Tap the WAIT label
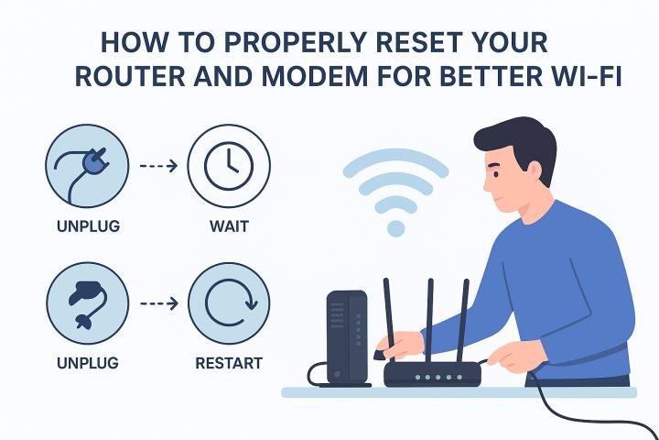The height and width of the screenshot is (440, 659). click(x=229, y=226)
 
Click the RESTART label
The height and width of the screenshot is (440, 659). click(x=229, y=363)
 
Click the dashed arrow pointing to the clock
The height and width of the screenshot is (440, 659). click(x=158, y=166)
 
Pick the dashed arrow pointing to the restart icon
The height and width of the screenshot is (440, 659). click(x=159, y=303)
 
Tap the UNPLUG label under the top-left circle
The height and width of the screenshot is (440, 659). click(x=88, y=226)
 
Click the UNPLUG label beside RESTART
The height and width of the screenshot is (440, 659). click(x=88, y=363)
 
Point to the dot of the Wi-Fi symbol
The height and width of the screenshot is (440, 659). click(x=395, y=228)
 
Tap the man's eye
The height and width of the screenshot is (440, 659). click(x=496, y=174)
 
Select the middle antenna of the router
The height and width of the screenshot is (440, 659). click(x=429, y=320)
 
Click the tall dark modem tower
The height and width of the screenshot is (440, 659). click(x=347, y=337)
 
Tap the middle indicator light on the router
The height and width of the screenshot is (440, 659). click(x=438, y=378)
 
